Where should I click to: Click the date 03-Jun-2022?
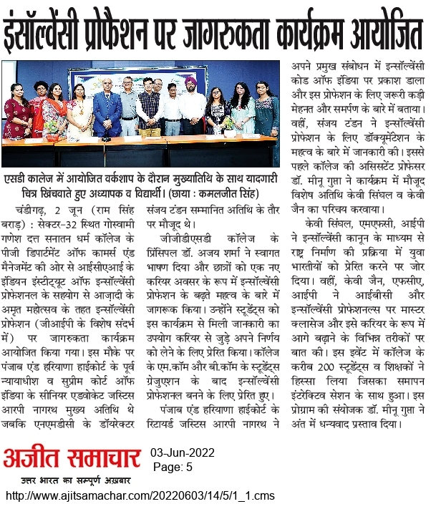click(183, 454)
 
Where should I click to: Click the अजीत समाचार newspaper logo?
click(72, 456)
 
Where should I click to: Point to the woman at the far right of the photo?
click(266, 111)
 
